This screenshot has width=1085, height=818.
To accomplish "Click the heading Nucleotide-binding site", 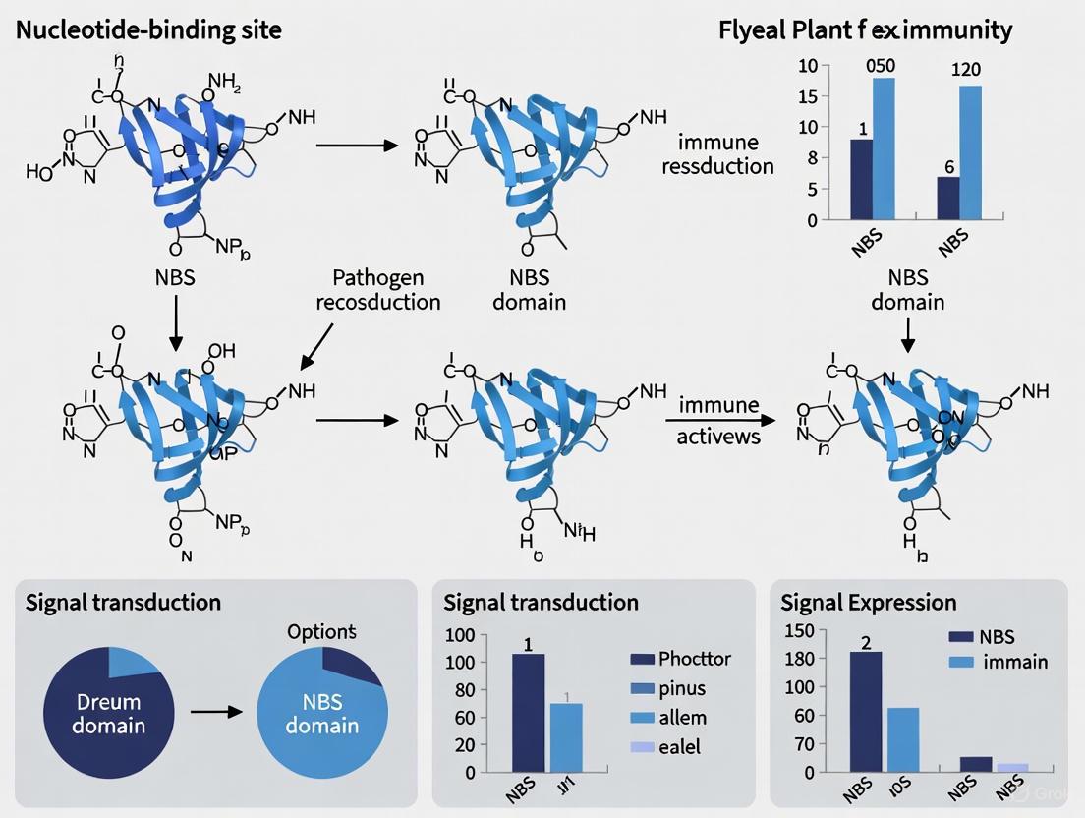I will (x=148, y=29).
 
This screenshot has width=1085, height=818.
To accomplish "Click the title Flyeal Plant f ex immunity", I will (x=865, y=29).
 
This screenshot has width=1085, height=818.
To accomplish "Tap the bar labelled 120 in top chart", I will (x=971, y=152).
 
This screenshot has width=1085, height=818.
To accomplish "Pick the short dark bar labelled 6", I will (x=948, y=198).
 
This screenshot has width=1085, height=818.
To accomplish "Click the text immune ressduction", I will (x=717, y=154).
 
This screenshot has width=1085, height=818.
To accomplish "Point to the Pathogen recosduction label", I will (x=378, y=289).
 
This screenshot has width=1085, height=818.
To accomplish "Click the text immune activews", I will (x=718, y=420).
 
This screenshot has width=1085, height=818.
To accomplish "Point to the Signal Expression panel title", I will (x=868, y=602).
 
